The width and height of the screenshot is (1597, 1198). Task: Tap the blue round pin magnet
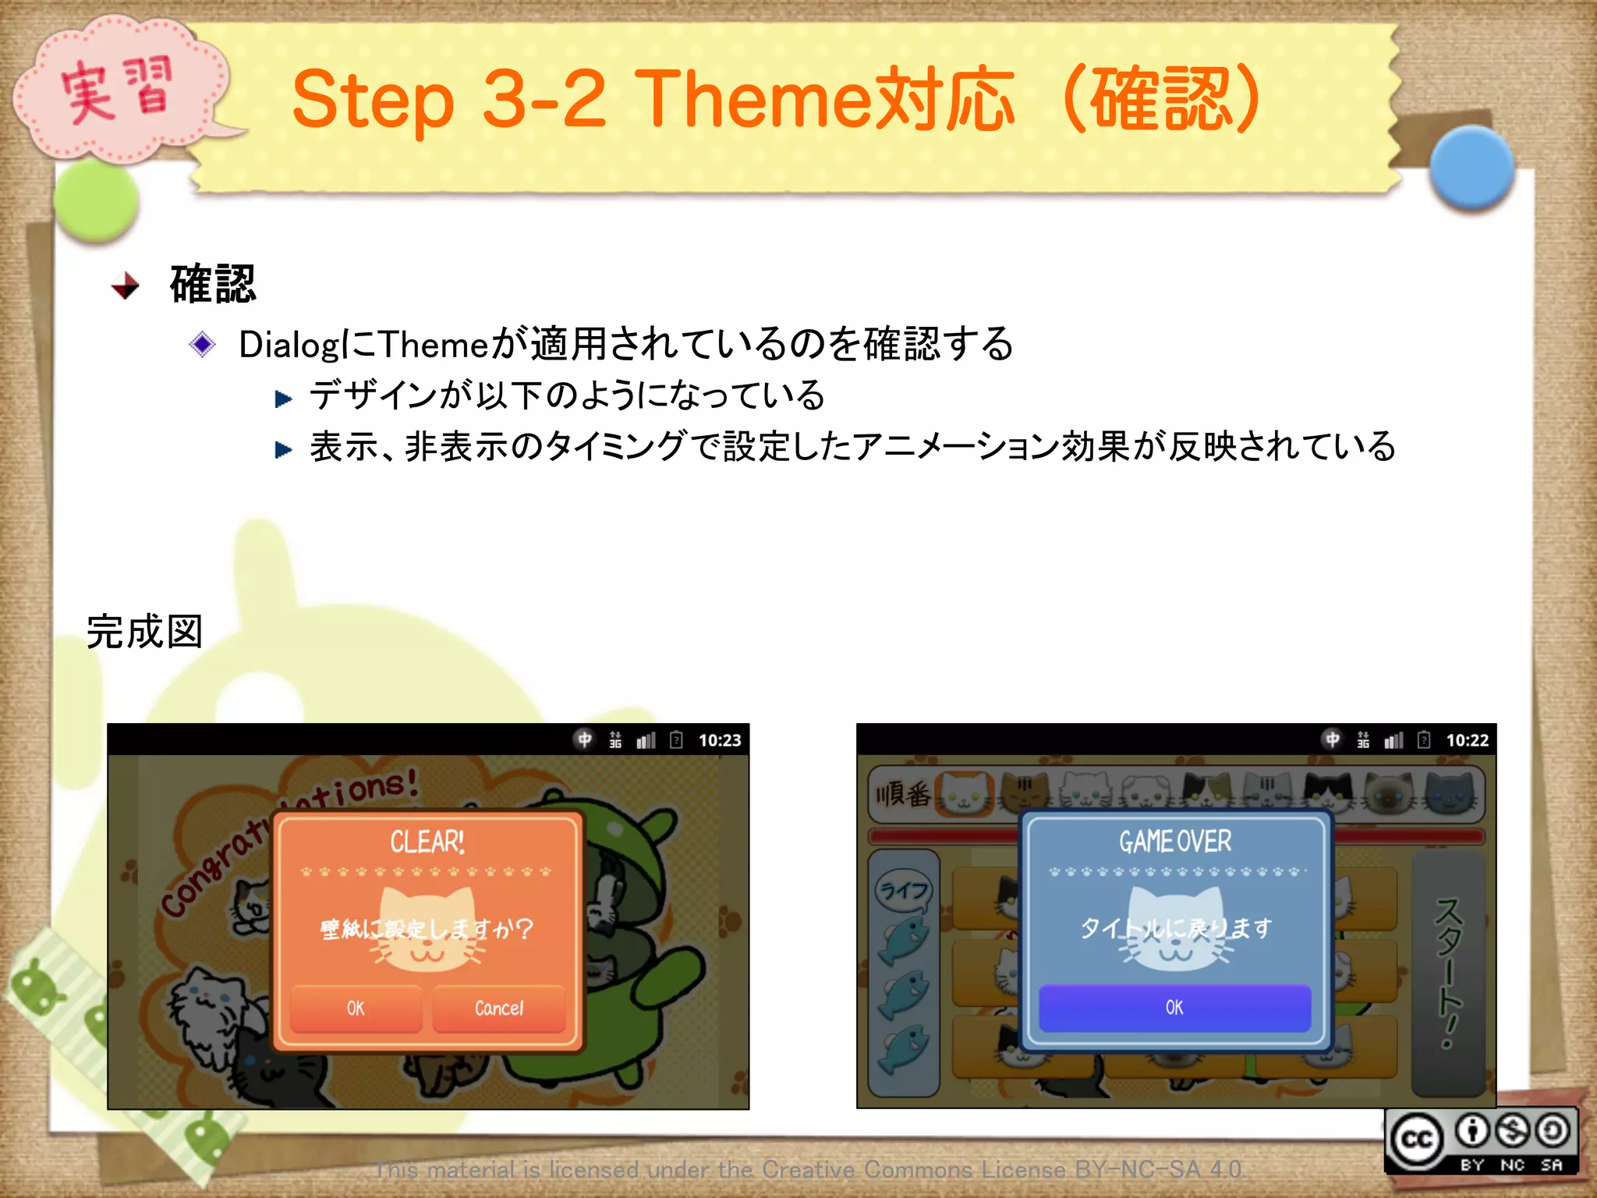pos(1471,168)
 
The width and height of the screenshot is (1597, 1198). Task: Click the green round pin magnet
pos(96,200)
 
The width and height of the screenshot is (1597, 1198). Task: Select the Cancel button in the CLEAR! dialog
pos(499,1008)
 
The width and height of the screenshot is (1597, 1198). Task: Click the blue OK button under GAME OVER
pos(1174,1008)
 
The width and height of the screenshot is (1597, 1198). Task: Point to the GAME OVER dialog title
pos(1175,842)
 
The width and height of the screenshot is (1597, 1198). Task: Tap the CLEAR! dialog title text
pos(427,842)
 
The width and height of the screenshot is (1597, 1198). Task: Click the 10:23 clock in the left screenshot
pos(719,740)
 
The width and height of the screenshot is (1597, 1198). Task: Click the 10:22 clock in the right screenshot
pos(1467,740)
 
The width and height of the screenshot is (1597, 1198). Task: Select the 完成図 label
pos(144,632)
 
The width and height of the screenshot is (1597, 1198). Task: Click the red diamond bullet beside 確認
pos(125,285)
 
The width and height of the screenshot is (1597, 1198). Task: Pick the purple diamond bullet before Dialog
pos(202,344)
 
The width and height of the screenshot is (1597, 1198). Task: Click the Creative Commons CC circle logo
pos(1416,1140)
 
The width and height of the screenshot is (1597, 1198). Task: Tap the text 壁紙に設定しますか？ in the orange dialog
pos(427,929)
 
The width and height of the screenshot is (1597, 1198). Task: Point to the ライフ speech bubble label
pos(904,889)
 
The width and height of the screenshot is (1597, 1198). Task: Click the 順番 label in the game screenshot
pos(902,795)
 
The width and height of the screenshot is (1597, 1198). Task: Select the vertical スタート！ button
pos(1447,971)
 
